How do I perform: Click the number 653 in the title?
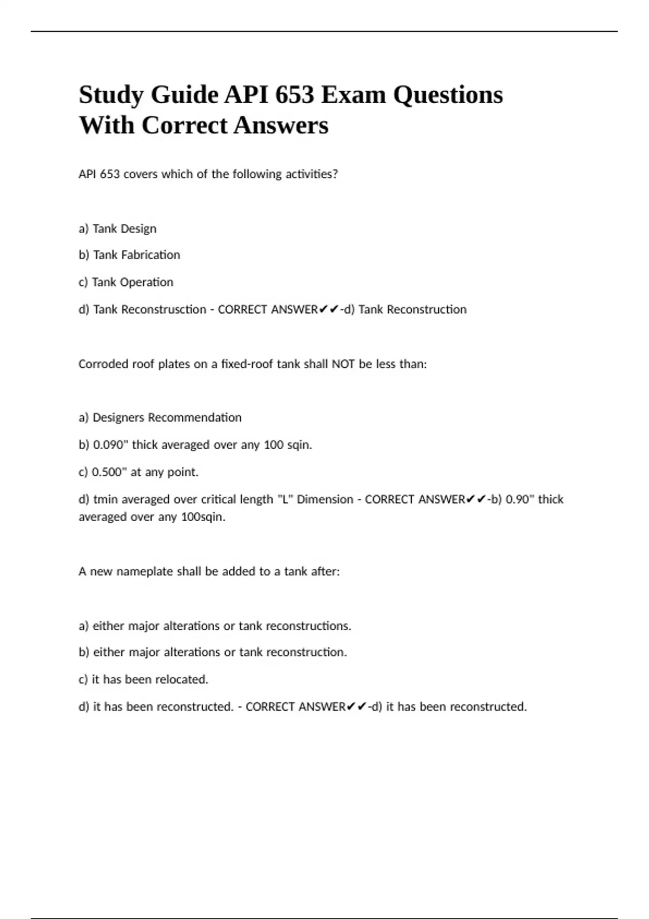pyautogui.click(x=294, y=95)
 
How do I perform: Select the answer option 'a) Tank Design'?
pyautogui.click(x=117, y=229)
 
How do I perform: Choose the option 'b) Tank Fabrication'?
pyautogui.click(x=129, y=255)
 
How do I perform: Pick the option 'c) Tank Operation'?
pyautogui.click(x=126, y=282)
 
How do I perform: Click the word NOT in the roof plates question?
pyautogui.click(x=343, y=364)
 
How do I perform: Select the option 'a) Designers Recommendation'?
pyautogui.click(x=160, y=417)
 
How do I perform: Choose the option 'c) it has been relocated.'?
pyautogui.click(x=143, y=680)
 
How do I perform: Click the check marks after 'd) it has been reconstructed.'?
pyautogui.click(x=356, y=707)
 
